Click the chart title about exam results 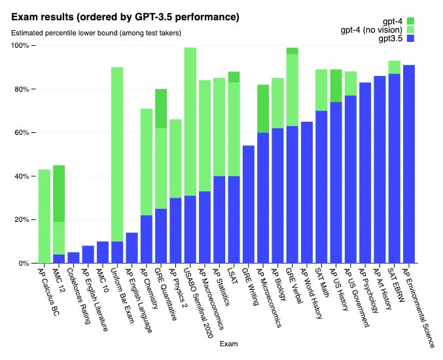[120, 16]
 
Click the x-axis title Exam [228, 344]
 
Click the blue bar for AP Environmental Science [410, 164]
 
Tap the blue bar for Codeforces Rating [74, 257]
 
